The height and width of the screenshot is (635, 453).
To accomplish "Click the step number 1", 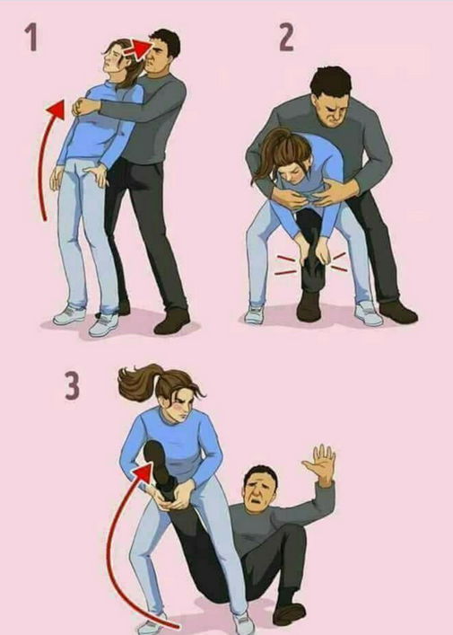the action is coord(32,37).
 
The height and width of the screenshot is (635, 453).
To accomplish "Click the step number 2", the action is coord(286,37).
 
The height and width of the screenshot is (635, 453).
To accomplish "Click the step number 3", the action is coord(73,386).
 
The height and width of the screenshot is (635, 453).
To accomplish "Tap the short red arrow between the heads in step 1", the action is coord(137,49).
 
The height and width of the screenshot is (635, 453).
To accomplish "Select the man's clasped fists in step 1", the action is coord(83,107).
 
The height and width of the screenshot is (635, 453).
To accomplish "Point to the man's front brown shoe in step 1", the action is coord(171,322).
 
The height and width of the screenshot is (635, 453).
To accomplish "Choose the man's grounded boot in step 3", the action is coord(289,613).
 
